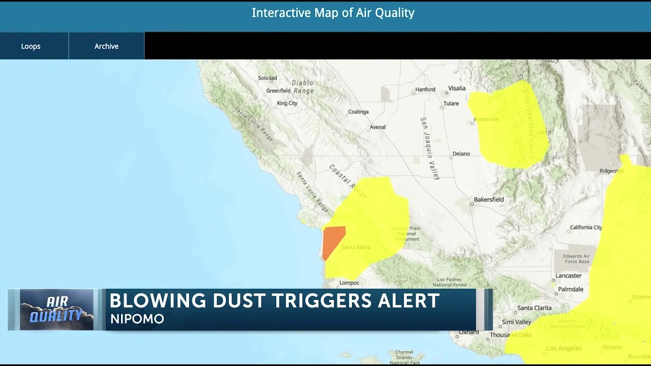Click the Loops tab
click(x=31, y=46)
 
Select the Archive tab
click(x=106, y=46)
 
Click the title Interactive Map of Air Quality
click(x=333, y=13)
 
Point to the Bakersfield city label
click(x=488, y=200)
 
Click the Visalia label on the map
click(x=456, y=88)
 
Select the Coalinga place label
click(x=358, y=112)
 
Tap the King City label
click(x=287, y=104)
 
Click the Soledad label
click(x=268, y=78)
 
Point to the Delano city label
click(x=461, y=154)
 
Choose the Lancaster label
click(x=568, y=276)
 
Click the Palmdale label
click(x=571, y=289)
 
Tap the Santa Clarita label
click(x=535, y=308)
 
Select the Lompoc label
click(x=349, y=283)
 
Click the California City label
click(x=586, y=228)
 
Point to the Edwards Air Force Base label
click(x=577, y=259)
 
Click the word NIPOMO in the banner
click(x=137, y=319)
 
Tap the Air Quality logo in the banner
click(x=56, y=310)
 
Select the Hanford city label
click(x=425, y=89)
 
